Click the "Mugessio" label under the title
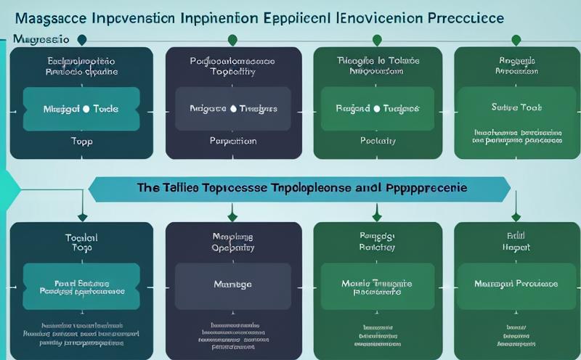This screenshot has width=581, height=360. coord(41,38)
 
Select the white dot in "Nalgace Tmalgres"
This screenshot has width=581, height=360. coord(233,108)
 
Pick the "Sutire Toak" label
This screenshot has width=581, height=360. coord(516,108)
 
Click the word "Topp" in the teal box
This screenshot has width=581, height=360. coord(81,141)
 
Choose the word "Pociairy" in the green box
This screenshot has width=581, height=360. coord(377,141)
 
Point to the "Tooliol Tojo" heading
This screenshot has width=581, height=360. coord(81,242)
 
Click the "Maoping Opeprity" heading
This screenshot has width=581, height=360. coord(232,242)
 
